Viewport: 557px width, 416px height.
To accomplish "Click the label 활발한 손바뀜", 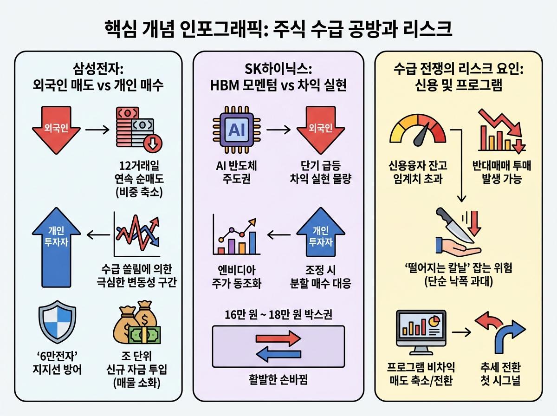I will click(278, 381).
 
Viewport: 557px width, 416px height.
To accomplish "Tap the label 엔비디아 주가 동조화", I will click(233, 277).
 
